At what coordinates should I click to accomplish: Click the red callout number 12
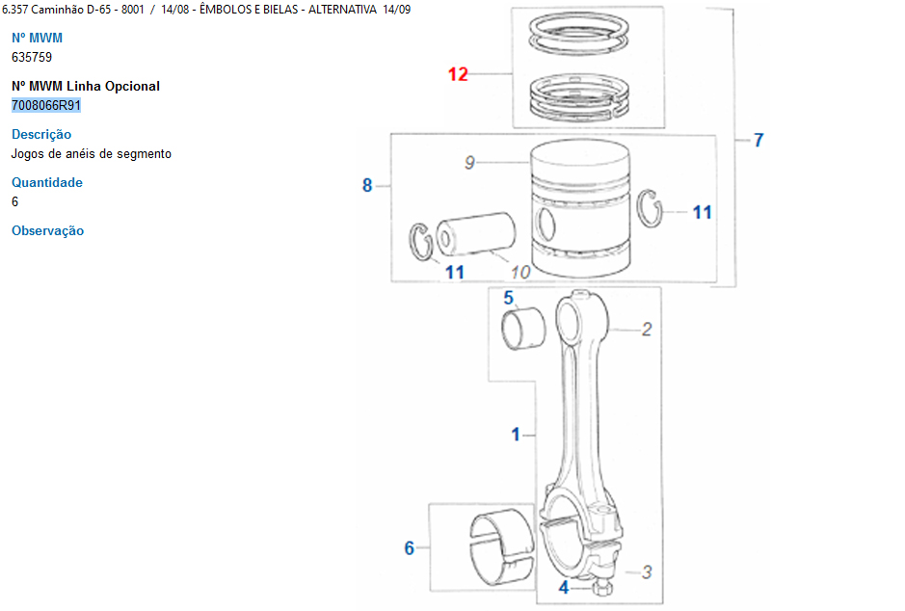[458, 74]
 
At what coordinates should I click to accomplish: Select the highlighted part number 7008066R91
[46, 105]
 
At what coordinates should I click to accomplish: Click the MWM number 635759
[32, 57]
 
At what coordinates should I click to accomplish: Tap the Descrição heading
[41, 134]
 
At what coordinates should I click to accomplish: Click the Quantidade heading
[47, 182]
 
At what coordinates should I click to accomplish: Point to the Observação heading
[48, 230]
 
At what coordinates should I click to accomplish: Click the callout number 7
[759, 140]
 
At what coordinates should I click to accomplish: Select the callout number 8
[367, 185]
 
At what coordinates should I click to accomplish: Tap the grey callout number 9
[469, 163]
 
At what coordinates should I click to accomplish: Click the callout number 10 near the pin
[520, 272]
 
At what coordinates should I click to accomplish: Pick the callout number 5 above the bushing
[508, 298]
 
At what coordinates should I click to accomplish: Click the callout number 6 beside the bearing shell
[410, 547]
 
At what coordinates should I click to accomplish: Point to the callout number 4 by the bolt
[564, 587]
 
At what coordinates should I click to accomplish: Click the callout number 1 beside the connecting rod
[516, 435]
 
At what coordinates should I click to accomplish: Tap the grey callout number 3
[647, 571]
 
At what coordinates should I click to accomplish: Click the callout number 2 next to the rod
[647, 329]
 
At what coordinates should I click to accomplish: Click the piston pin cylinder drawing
[475, 233]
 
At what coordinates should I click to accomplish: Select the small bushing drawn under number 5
[523, 329]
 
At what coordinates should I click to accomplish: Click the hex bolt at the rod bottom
[602, 588]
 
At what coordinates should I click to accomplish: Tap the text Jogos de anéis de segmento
[92, 153]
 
